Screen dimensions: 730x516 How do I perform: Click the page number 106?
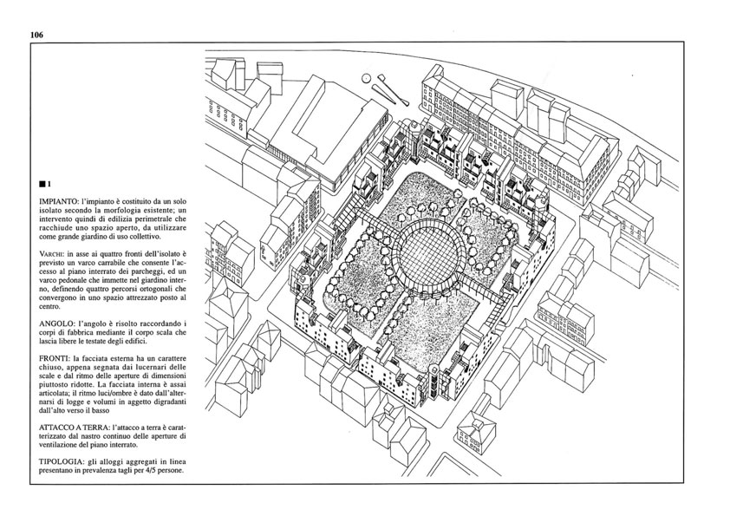[x=36, y=35]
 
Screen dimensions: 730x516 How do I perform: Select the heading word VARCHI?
[x=52, y=255]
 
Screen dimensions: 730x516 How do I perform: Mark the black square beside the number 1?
[x=42, y=184]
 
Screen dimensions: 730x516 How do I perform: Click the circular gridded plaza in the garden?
[x=430, y=254]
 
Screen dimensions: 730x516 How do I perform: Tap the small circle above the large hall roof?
[x=367, y=78]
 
